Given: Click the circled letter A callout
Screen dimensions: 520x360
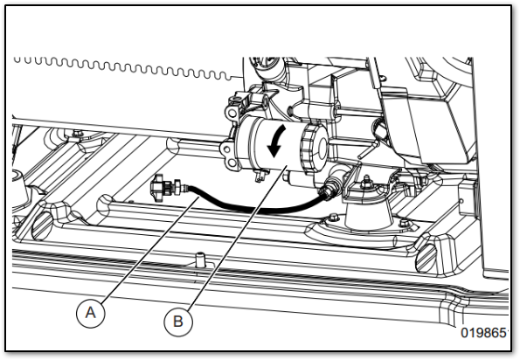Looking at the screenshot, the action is pos(91,313).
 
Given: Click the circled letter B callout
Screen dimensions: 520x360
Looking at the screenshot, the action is pos(178,322).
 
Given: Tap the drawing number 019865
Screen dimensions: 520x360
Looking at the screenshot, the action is pos(484,333).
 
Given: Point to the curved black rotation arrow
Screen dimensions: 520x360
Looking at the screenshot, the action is pos(276,141).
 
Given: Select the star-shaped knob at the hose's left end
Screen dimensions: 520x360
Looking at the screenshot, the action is pos(157,187).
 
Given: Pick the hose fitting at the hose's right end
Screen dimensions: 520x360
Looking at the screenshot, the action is pos(329,189).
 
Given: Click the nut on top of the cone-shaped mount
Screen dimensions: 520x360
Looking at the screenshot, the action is pos(366,182).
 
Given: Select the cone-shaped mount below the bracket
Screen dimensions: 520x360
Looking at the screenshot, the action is pos(368,212).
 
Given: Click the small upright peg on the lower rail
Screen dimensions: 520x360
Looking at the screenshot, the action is pos(199,260).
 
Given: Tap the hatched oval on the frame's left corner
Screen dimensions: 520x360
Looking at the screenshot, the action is pos(43,225).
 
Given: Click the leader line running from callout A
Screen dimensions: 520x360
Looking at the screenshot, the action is pos(150,249).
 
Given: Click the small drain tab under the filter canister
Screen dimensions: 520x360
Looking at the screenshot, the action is pos(260,175).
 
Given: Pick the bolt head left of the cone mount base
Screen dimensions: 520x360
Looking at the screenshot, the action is pos(333,218).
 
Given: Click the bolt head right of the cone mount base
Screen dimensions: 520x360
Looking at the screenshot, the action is pos(404,223).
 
